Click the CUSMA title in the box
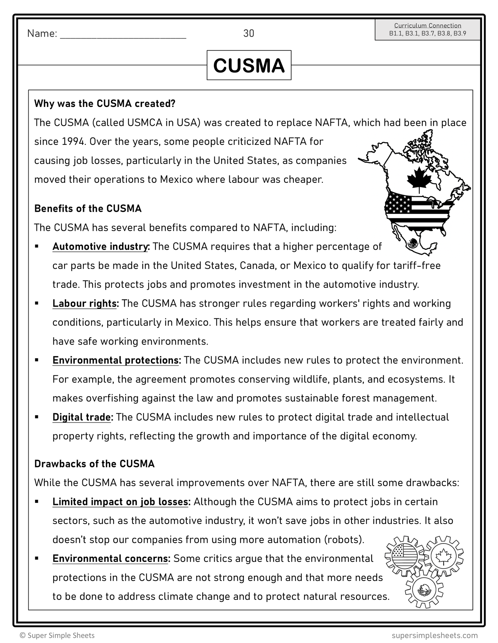[249, 65]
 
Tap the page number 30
[248, 33]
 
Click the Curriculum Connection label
[427, 26]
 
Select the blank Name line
[123, 34]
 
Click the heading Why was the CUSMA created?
[105, 104]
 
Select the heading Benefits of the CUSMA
[88, 209]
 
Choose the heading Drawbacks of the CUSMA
[94, 464]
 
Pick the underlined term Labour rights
[85, 304]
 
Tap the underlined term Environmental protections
[116, 360]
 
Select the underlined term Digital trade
[82, 417]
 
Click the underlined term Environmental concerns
[111, 559]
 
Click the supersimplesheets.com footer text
[435, 635]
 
